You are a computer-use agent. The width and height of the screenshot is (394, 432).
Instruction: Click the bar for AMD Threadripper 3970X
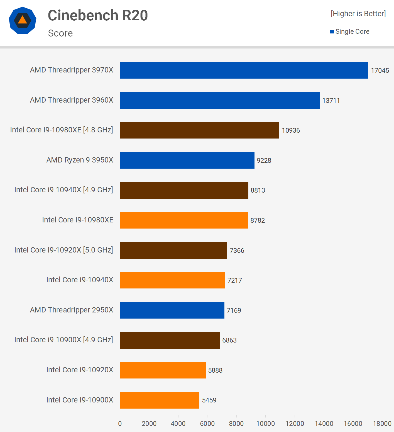pos(244,70)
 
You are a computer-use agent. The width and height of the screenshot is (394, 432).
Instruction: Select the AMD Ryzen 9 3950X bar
pos(187,160)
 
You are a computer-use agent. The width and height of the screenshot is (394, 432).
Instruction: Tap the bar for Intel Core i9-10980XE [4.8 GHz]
pos(199,130)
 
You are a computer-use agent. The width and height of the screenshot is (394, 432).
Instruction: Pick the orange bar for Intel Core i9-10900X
pos(160,400)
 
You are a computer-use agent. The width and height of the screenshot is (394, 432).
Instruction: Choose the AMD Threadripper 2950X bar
pos(172,310)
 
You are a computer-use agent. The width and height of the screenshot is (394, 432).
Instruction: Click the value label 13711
pos(331,101)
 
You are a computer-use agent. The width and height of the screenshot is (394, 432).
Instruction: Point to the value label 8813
pos(258,190)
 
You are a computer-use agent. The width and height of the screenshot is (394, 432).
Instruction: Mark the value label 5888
pos(215,370)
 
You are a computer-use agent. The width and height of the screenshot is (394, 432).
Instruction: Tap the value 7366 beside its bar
pos(237,251)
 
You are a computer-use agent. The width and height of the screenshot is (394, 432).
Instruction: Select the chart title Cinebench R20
pos(98,15)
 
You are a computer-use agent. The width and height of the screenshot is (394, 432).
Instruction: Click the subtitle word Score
pos(60,33)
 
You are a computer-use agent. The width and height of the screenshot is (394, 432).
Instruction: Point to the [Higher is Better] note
pos(358,14)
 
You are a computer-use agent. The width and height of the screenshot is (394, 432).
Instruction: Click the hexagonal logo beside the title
pos(23,20)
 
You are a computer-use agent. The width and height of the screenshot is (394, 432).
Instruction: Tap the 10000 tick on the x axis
pos(265,424)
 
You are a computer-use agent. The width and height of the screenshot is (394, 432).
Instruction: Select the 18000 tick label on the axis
pos(382,424)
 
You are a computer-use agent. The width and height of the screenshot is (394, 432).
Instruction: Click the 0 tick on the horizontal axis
pos(120,424)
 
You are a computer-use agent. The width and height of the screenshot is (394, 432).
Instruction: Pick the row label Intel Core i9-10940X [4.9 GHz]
pos(64,190)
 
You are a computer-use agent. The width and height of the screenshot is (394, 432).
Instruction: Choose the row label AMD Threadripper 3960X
pos(72,100)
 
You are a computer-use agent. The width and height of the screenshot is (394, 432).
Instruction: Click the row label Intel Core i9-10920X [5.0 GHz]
pos(64,250)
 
